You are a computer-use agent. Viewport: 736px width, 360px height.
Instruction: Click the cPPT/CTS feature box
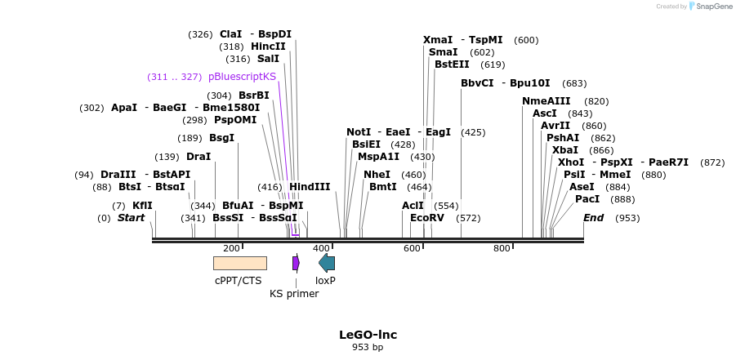[239, 263]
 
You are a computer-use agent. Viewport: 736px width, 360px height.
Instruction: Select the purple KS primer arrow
[296, 263]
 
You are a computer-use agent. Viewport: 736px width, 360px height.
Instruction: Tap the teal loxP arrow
[327, 263]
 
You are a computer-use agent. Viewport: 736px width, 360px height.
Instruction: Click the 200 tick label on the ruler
[231, 248]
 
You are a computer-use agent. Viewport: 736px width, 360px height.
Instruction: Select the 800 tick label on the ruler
[502, 248]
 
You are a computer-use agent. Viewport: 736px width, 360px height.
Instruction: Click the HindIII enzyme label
[310, 187]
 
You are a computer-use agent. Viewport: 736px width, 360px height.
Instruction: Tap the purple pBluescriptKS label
[242, 77]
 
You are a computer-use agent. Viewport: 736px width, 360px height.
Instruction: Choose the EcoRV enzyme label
[427, 218]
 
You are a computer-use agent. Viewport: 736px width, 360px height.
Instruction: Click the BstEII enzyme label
[452, 64]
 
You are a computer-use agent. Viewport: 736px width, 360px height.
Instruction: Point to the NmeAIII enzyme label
[546, 101]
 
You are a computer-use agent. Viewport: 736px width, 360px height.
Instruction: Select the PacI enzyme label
[587, 199]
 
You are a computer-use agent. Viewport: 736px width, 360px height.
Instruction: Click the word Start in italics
[131, 218]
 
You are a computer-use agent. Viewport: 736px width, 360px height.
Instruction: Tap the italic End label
[593, 218]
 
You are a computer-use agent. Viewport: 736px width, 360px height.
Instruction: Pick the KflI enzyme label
[142, 206]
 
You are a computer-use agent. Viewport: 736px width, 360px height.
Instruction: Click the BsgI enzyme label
[221, 138]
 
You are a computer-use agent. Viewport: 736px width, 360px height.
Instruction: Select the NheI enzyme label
[377, 175]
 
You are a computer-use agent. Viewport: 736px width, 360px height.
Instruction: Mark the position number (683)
[574, 83]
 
